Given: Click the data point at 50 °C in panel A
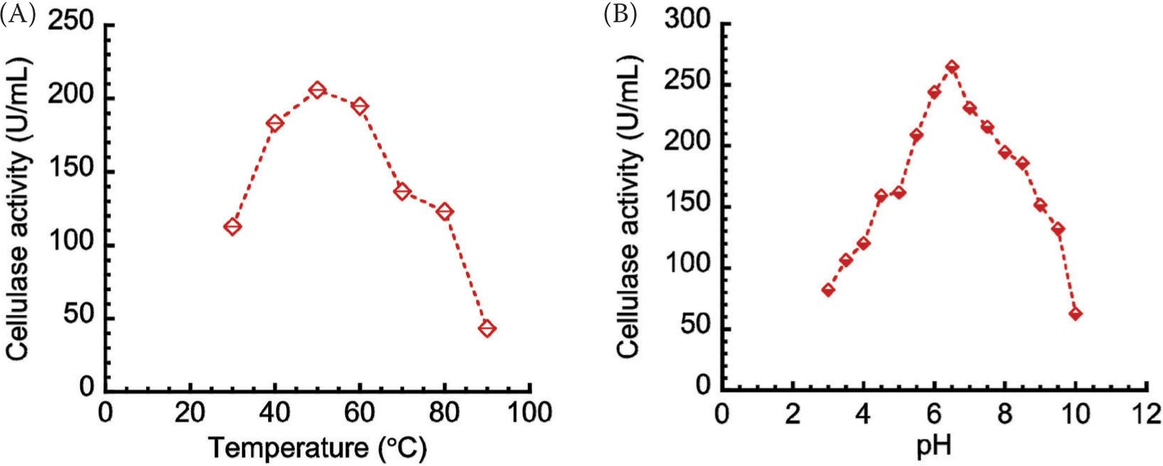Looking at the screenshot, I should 317,90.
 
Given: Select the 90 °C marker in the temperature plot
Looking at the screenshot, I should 486,328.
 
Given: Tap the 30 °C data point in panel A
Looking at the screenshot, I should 233,226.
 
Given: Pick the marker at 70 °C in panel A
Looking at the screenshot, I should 402,192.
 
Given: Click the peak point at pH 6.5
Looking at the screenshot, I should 952,67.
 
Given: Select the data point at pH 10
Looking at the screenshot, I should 1075,314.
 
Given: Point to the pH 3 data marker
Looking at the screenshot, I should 828,290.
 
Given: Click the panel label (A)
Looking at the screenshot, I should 17,15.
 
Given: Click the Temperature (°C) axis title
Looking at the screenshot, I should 317,448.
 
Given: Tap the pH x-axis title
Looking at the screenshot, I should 934,446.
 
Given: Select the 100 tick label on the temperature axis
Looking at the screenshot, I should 529,412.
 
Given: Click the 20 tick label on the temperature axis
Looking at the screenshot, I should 190,412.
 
